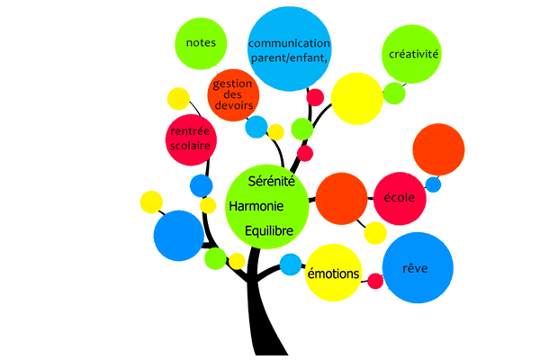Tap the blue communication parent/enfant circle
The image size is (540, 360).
pyautogui.click(x=288, y=49)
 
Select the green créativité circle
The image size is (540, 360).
pyautogui.click(x=413, y=54)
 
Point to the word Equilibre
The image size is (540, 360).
pyautogui.click(x=269, y=231)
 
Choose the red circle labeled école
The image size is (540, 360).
pyautogui.click(x=400, y=198)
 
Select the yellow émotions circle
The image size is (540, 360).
pyautogui.click(x=333, y=273)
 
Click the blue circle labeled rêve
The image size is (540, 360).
pyautogui.click(x=418, y=267)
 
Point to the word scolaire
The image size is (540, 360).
pyautogui.click(x=191, y=147)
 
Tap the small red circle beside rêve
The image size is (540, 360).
pyautogui.click(x=375, y=281)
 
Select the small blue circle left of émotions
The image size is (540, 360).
pyautogui.click(x=290, y=265)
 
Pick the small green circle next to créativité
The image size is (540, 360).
pyautogui.click(x=394, y=93)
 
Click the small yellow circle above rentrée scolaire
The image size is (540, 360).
pyautogui.click(x=178, y=98)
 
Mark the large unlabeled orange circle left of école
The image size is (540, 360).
pyautogui.click(x=339, y=198)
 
